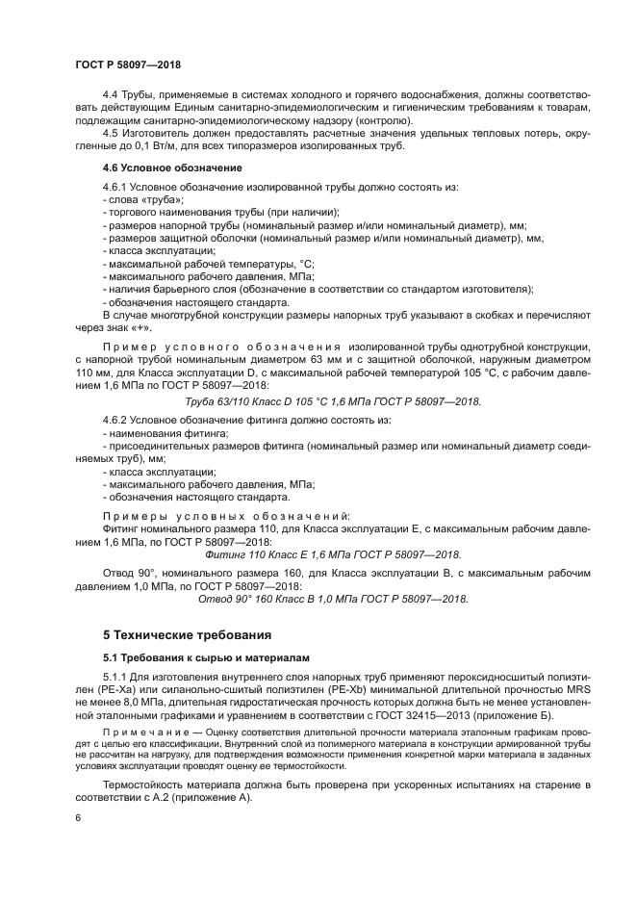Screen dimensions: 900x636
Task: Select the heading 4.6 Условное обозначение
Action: pos(159,167)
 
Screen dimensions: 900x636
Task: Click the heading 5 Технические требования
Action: pos(187,634)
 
